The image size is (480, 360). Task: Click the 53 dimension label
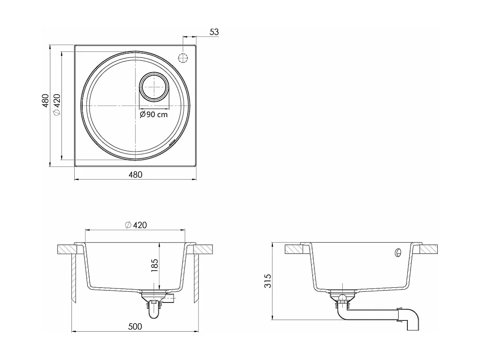214,32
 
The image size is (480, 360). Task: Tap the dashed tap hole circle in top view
183,58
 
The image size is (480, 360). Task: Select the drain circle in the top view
154,87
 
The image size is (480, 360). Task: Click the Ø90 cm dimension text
154,114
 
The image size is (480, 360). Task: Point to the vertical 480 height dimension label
45,101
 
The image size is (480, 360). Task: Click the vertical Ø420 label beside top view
57,105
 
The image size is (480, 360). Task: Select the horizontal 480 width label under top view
135,175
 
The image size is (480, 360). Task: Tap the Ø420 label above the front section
136,225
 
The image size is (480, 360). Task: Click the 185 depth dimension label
155,266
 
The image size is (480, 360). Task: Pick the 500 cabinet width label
135,326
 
